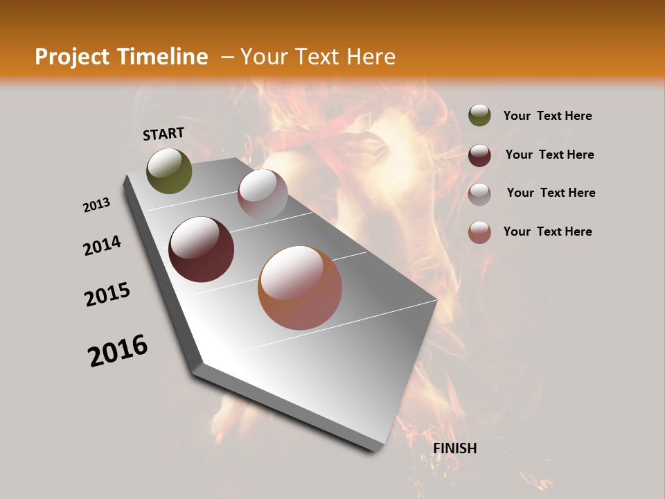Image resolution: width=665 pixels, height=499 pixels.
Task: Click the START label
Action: [x=163, y=133]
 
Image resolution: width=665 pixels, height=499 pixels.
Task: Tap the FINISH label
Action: [x=455, y=448]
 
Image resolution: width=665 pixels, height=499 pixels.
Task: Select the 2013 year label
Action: [x=97, y=205]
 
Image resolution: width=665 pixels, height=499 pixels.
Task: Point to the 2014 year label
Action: [x=103, y=246]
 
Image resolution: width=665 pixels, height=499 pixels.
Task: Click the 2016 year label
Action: [x=118, y=351]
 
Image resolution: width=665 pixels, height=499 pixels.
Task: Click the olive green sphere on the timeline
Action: [x=169, y=171]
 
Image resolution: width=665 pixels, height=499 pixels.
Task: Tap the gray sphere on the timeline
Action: [x=263, y=194]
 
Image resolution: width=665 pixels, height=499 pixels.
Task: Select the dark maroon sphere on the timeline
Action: [x=202, y=249]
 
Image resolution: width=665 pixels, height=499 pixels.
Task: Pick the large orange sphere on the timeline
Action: [x=300, y=288]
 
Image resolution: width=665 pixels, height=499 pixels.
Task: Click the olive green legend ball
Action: [x=479, y=116]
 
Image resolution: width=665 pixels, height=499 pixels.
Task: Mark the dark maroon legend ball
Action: [x=479, y=155]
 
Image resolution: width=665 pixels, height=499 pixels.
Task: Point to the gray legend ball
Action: [x=479, y=193]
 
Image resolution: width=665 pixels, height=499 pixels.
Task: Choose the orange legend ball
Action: [x=479, y=231]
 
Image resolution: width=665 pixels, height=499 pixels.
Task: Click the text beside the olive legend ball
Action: [x=547, y=116]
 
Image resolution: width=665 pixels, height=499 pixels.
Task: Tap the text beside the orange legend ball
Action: [x=547, y=231]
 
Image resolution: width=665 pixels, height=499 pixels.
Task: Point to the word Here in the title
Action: [x=371, y=57]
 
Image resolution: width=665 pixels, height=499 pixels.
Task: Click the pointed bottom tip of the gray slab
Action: [x=377, y=449]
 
